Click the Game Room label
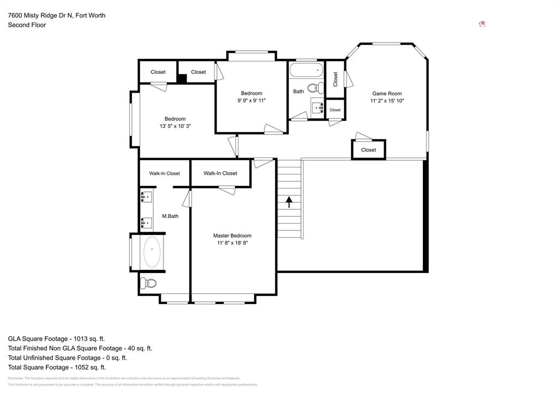[387, 93]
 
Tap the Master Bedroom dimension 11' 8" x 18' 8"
[232, 243]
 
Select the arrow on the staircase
[289, 202]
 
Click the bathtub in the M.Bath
[152, 251]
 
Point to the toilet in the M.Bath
[149, 283]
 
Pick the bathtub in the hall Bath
[306, 70]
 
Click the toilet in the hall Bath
[314, 88]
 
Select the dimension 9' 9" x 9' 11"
[251, 100]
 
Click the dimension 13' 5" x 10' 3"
[175, 126]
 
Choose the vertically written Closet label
[335, 79]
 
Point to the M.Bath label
[171, 216]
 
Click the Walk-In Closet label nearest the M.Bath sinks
[165, 173]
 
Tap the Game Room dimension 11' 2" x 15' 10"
[387, 101]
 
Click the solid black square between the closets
[183, 78]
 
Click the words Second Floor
[27, 25]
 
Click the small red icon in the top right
[482, 24]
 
